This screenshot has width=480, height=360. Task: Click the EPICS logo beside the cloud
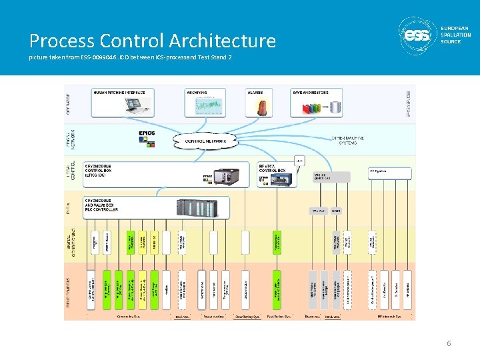tap(147, 134)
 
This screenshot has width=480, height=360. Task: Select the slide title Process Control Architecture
tap(152, 41)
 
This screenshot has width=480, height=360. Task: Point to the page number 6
tap(449, 343)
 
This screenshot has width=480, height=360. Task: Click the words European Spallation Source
tap(455, 35)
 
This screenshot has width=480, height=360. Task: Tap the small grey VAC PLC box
tap(317, 211)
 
